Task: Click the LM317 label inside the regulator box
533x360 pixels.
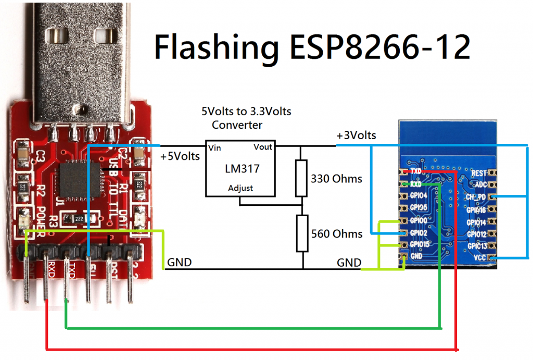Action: [242, 169]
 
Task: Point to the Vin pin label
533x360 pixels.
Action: [214, 148]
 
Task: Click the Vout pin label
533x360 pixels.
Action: [263, 147]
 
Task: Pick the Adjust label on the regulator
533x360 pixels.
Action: [240, 188]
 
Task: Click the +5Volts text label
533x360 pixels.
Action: [180, 156]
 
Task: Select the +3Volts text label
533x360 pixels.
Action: [357, 135]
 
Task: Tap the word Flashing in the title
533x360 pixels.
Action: [216, 48]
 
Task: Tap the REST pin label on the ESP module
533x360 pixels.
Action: [478, 172]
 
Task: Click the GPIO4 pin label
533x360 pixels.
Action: [418, 196]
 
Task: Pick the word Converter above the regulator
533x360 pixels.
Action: [237, 125]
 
